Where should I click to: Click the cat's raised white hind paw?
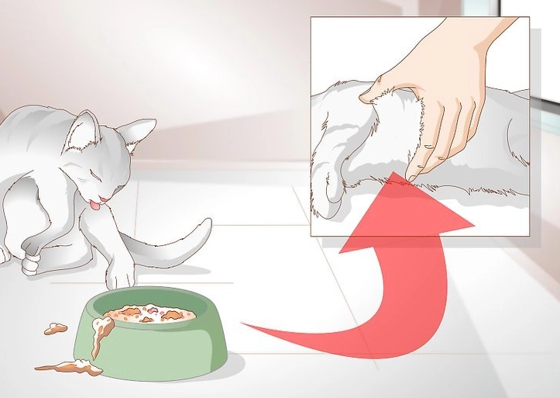coord(29,265)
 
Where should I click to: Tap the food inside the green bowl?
coord(151,313)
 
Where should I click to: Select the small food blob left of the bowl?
coord(55,328)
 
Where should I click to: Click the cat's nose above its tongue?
coord(101,195)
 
